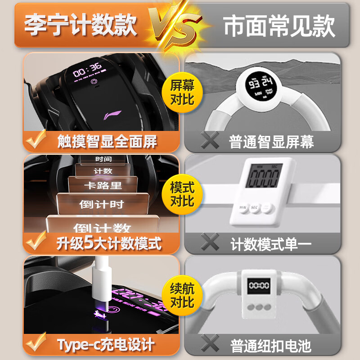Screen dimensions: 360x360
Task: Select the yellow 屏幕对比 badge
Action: (182, 92)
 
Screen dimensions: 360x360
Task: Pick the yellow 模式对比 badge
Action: (182, 194)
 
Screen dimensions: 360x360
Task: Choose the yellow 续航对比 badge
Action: (182, 295)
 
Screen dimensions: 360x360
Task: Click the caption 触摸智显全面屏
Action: (107, 142)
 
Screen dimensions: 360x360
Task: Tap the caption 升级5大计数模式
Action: (108, 244)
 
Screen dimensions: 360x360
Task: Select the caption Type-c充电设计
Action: (106, 345)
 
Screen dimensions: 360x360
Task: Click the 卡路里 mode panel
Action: (103, 185)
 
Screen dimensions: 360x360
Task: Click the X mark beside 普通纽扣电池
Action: (209, 344)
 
